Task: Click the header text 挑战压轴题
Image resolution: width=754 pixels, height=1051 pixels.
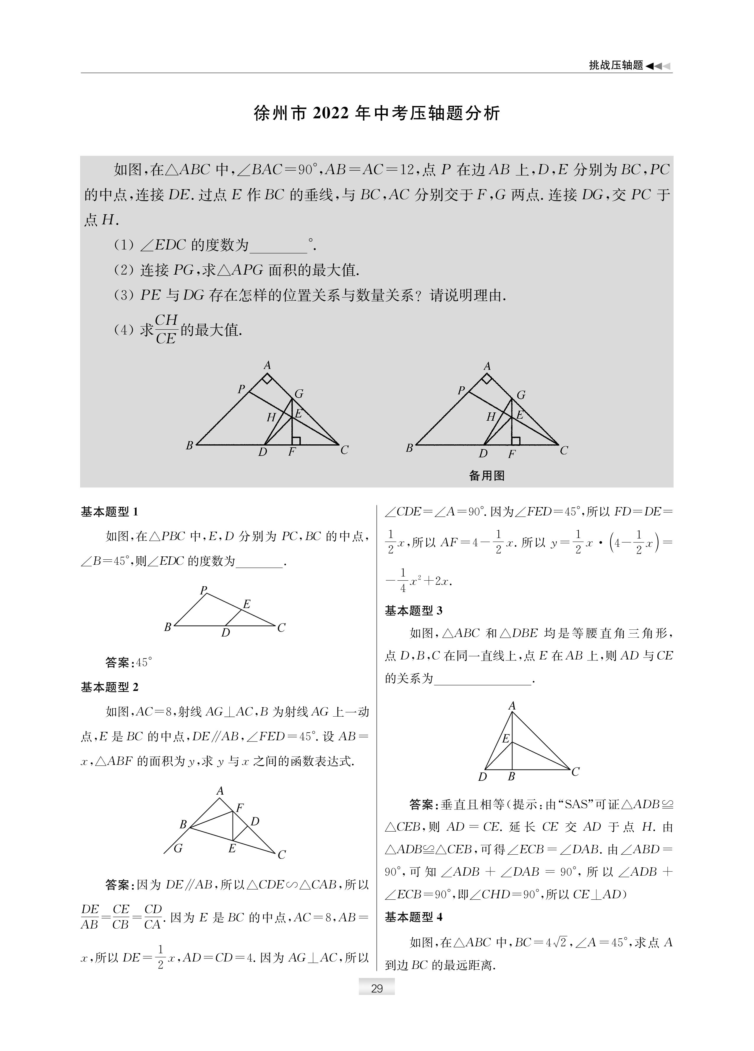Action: (616, 65)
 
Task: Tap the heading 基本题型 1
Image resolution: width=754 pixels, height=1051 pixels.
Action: (109, 511)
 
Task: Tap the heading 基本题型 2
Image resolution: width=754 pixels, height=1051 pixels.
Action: (109, 687)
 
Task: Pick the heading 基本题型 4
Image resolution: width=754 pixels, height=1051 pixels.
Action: (414, 916)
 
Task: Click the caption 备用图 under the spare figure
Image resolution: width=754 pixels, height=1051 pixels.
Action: (487, 475)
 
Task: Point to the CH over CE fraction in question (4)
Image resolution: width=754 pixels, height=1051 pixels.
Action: (166, 329)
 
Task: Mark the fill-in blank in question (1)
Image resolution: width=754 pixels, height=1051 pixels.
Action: (278, 246)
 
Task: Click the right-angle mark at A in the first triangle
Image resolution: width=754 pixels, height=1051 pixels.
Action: (267, 379)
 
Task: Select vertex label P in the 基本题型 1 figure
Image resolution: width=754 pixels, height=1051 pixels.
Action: (203, 590)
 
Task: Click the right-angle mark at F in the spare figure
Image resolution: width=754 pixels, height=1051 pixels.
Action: (516, 441)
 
